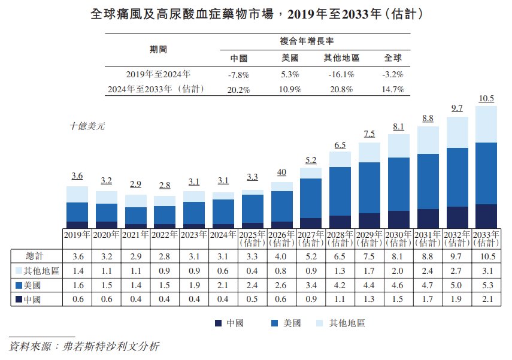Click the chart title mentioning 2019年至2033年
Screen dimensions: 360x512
click(x=256, y=14)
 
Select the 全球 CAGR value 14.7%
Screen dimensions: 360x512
click(x=392, y=89)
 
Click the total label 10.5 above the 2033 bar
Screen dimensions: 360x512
click(x=486, y=99)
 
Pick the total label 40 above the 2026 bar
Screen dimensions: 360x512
click(x=281, y=173)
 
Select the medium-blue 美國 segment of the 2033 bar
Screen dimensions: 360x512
click(x=486, y=173)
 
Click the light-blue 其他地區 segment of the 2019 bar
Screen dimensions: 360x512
click(x=77, y=194)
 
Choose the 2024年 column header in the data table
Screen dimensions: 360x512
click(x=222, y=235)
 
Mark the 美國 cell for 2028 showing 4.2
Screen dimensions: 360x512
click(x=340, y=285)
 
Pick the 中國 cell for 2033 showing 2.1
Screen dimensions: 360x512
click(x=486, y=299)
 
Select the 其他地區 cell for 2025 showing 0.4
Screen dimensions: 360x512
click(x=252, y=270)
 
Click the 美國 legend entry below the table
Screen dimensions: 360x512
click(x=285, y=323)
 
